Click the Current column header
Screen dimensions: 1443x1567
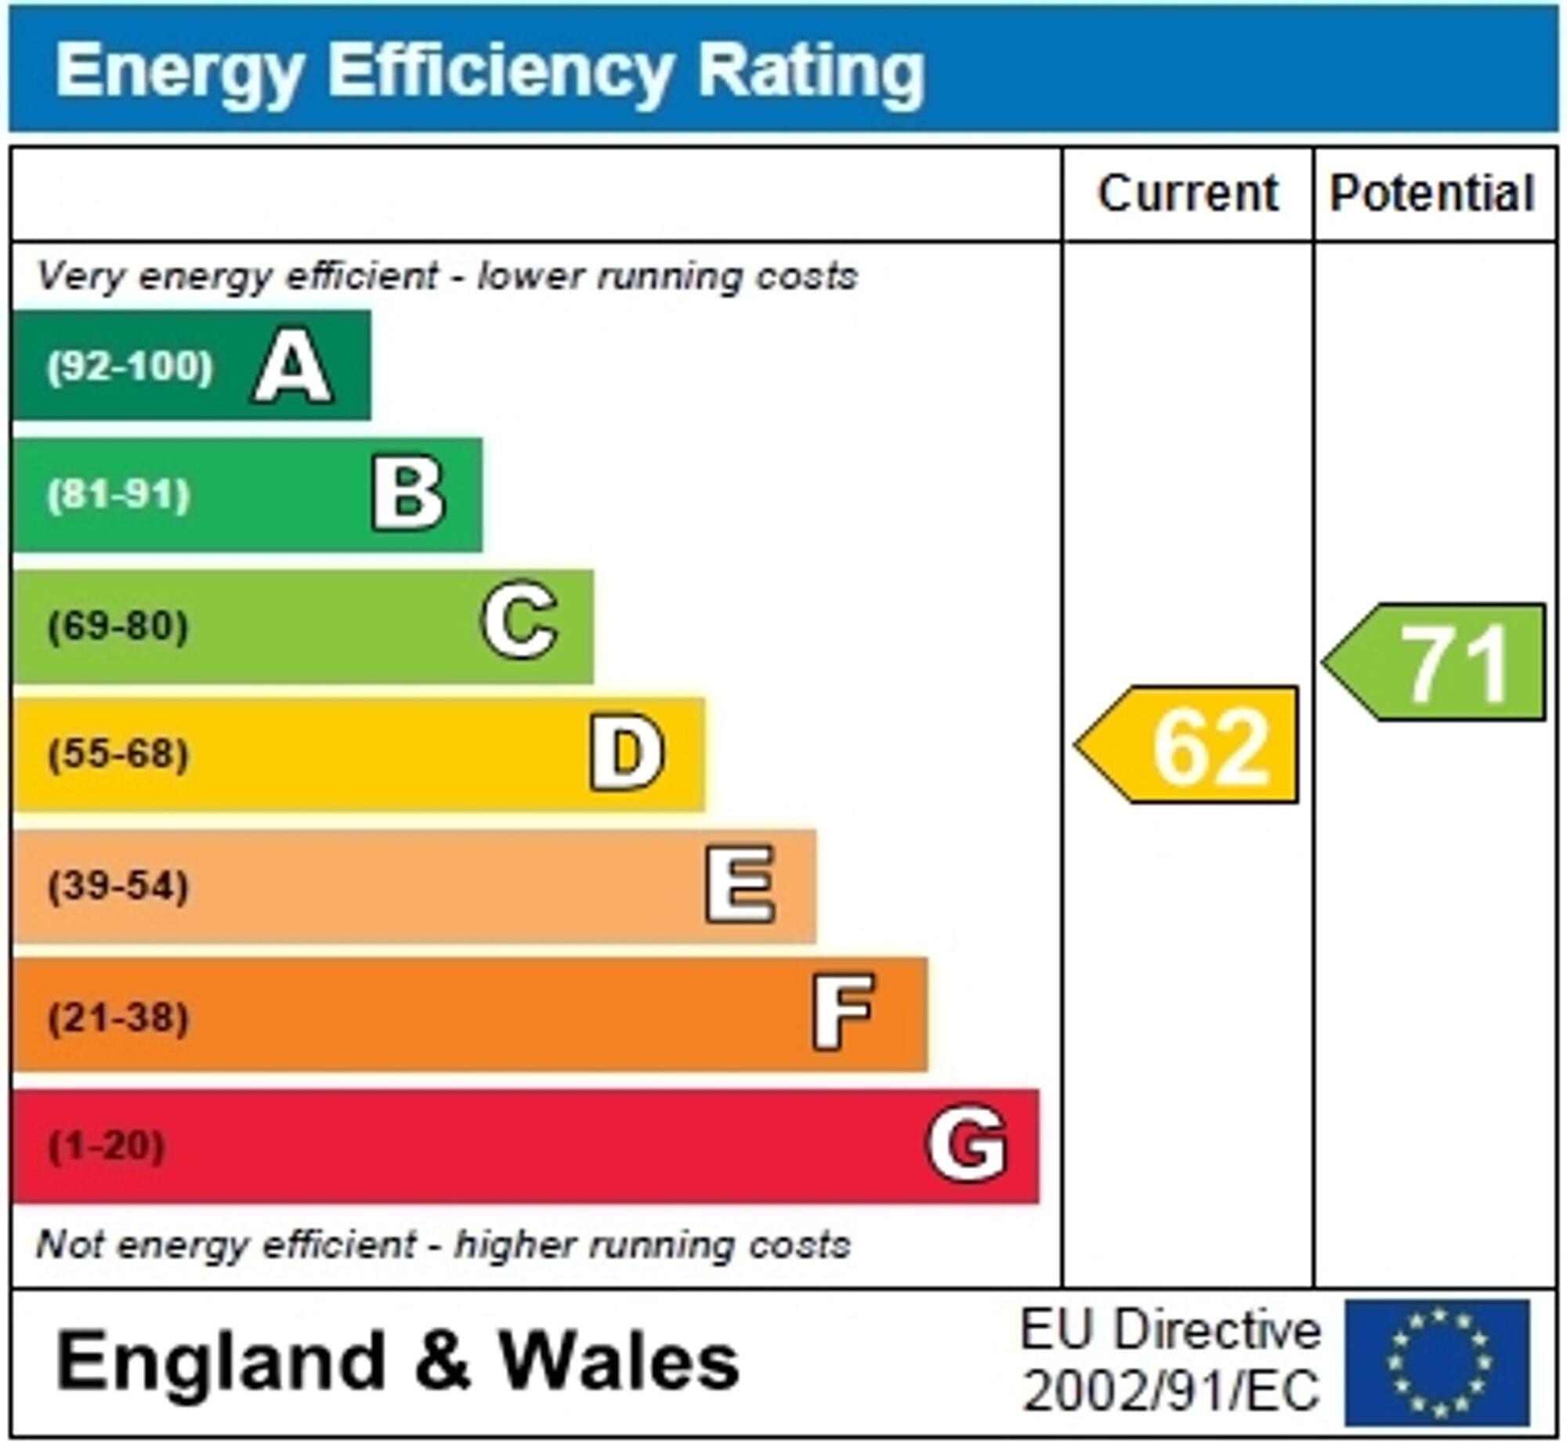(x=1187, y=193)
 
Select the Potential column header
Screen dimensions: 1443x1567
(x=1431, y=193)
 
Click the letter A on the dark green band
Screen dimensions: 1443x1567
(x=291, y=366)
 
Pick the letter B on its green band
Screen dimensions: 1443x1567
(x=408, y=494)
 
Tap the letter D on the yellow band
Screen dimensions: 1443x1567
(x=627, y=754)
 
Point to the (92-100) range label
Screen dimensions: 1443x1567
(x=129, y=366)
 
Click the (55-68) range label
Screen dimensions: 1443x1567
(x=118, y=754)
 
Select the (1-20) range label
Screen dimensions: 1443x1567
(x=107, y=1146)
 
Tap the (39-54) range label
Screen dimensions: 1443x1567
(x=118, y=886)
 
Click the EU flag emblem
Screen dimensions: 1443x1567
(x=1437, y=1363)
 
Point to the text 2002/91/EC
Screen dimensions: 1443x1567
(x=1171, y=1392)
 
